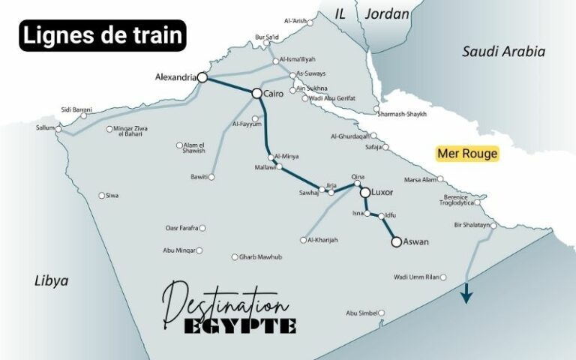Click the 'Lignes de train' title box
pos(102,36)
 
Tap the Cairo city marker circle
pos(256,93)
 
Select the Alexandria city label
pos(175,77)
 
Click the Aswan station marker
pos(396,241)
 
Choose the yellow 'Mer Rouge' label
pos(467,154)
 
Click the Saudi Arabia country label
pos(503,52)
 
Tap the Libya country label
pos(52,280)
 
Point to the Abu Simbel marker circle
pos(382,313)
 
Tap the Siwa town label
pos(112,196)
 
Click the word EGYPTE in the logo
pos(240,325)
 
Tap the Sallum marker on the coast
pos(58,128)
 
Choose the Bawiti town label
pos(199,177)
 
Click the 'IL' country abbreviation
pos(340,13)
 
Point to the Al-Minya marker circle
pos(271,156)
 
